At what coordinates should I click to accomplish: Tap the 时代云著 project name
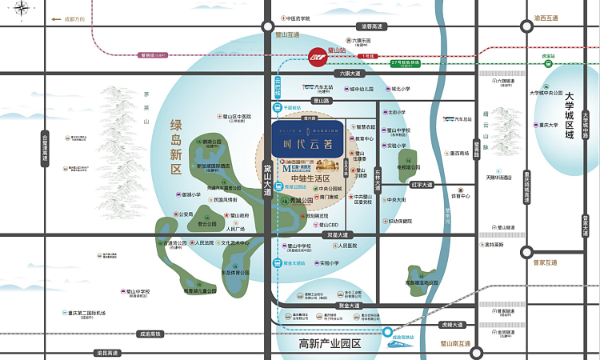coord(308,144)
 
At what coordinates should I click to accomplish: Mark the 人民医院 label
coord(352,246)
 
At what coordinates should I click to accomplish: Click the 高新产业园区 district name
coord(330,344)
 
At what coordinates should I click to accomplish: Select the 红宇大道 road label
coord(421,185)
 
